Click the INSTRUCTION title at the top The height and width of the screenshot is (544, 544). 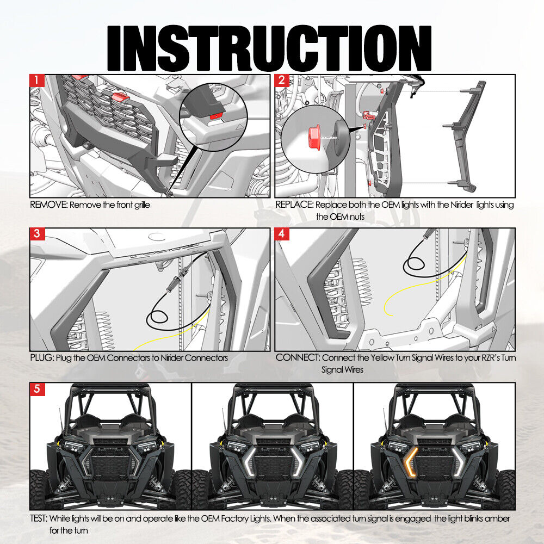[269, 48]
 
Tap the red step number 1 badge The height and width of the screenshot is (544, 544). [37, 81]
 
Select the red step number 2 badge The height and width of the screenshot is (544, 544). [282, 81]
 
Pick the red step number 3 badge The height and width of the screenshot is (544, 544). [37, 234]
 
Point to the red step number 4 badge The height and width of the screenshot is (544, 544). [282, 234]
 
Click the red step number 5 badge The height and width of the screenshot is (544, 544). [37, 389]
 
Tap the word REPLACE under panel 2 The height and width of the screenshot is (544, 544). [294, 205]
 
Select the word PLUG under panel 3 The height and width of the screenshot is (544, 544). [42, 358]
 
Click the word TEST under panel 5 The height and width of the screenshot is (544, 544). [39, 518]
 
